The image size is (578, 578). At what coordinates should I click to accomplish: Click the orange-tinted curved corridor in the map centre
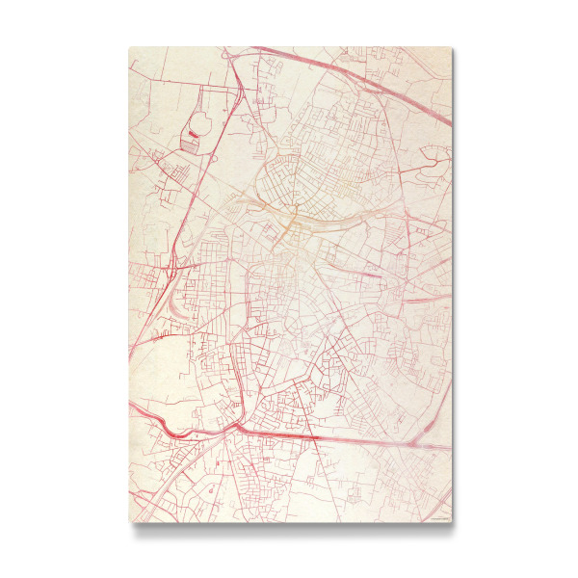coord(289,220)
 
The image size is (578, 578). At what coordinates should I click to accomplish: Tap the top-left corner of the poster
coord(129,47)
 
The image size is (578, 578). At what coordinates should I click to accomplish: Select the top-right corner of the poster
coord(451,47)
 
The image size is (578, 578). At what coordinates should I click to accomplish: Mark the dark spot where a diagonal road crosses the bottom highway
coord(317,436)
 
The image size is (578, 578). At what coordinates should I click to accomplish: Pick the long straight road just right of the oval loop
coord(219,144)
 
